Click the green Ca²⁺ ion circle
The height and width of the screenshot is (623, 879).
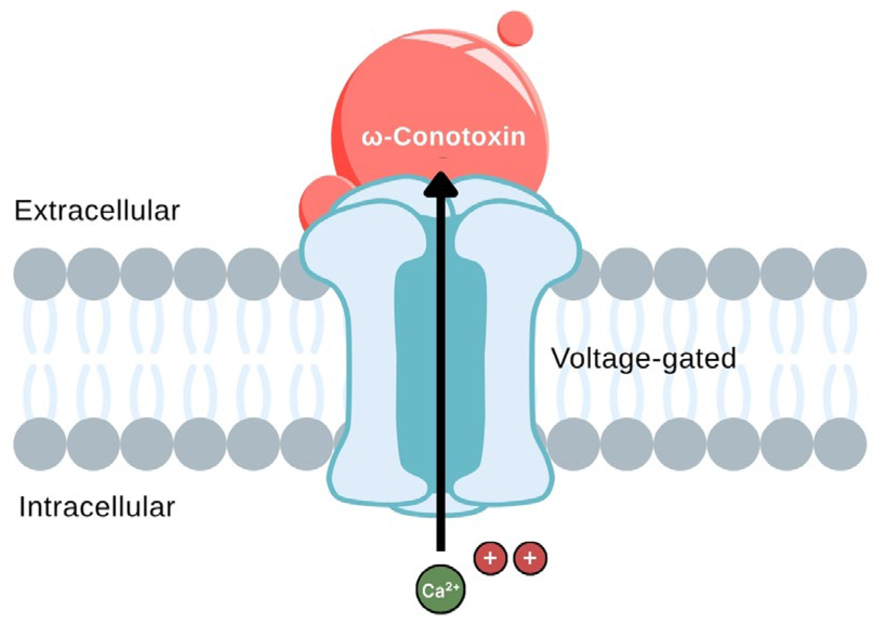(440, 589)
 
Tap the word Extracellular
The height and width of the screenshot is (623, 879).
(96, 211)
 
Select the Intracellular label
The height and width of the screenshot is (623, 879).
(96, 507)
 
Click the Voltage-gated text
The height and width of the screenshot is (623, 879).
(643, 358)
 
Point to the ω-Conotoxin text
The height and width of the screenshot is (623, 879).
(443, 136)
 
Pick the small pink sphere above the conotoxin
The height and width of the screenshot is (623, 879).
(515, 28)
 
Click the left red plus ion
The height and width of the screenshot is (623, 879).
(490, 558)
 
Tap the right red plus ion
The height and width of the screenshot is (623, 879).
(530, 558)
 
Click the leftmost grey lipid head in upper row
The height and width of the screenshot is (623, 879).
(39, 274)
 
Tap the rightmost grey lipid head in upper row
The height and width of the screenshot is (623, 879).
(840, 274)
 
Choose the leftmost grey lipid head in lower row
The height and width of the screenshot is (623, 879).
(39, 444)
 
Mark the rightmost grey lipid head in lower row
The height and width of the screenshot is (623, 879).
(840, 444)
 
